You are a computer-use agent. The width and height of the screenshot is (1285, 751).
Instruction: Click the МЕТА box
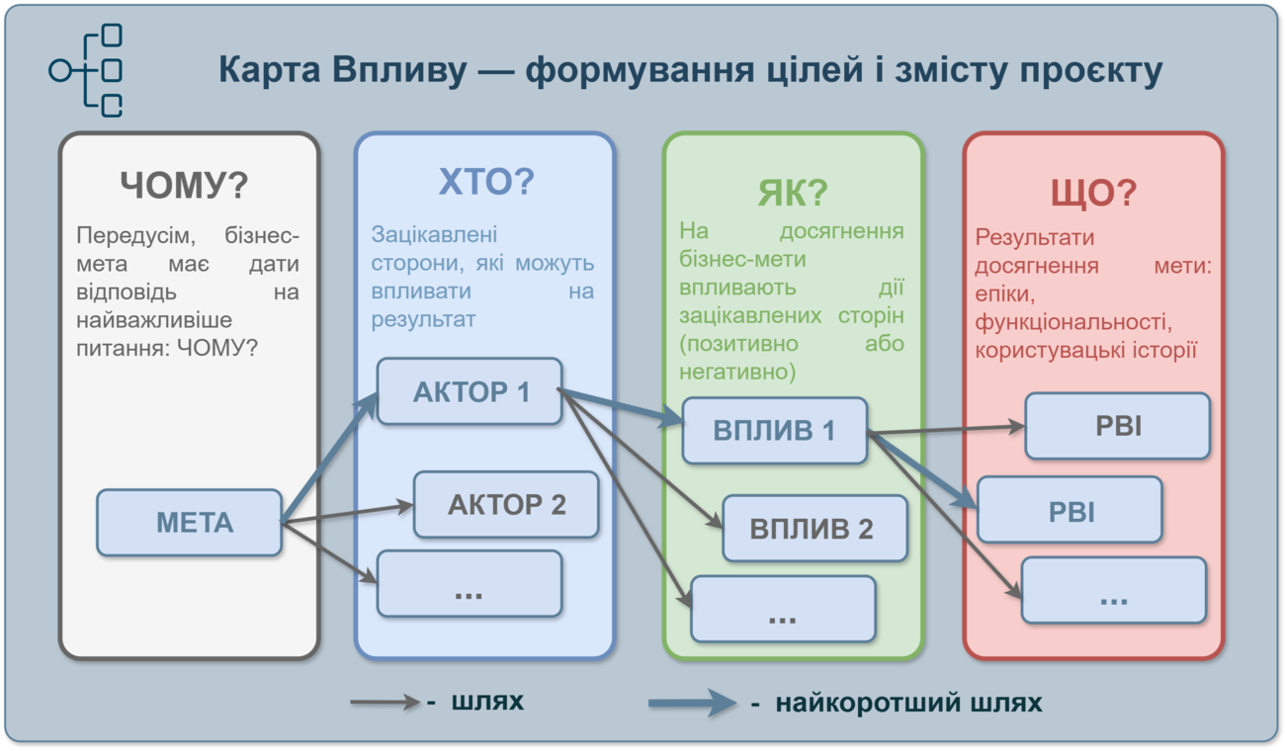pos(190,523)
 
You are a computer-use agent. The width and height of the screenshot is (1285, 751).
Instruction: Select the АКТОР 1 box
pos(470,391)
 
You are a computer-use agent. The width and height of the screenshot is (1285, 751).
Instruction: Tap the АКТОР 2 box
pos(506,505)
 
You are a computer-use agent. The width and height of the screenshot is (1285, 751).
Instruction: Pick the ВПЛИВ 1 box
pos(774,431)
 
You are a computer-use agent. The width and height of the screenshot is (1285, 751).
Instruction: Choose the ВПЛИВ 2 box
pos(815,528)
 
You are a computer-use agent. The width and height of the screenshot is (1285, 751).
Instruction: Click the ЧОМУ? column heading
pos(184,185)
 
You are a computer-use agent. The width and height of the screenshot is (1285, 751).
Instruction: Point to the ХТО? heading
pos(486,181)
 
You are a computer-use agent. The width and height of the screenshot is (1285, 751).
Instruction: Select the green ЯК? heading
pos(793,193)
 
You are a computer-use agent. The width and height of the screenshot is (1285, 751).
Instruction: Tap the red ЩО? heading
pos(1093,193)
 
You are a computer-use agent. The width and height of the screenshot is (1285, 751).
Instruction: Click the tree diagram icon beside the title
pos(86,70)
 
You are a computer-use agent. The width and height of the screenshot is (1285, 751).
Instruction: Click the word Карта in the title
pos(270,70)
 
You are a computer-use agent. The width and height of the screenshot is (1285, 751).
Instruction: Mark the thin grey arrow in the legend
pos(385,702)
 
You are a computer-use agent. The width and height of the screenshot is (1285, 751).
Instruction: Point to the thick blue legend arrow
pos(692,703)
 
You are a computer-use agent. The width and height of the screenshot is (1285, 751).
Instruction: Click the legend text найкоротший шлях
pos(908,703)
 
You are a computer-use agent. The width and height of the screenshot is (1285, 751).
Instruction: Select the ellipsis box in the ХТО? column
pos(470,584)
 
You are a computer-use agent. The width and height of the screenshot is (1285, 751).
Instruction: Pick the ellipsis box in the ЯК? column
pos(783,609)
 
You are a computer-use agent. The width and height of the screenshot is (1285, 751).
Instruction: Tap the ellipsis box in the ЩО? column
pos(1114,590)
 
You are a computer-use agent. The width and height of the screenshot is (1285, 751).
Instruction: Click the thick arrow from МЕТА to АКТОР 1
pos(329,458)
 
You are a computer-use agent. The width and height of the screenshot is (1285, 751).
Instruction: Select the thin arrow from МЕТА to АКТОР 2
pos(347,514)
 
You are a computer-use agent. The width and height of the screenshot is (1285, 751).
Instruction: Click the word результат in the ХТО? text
pos(423,319)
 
